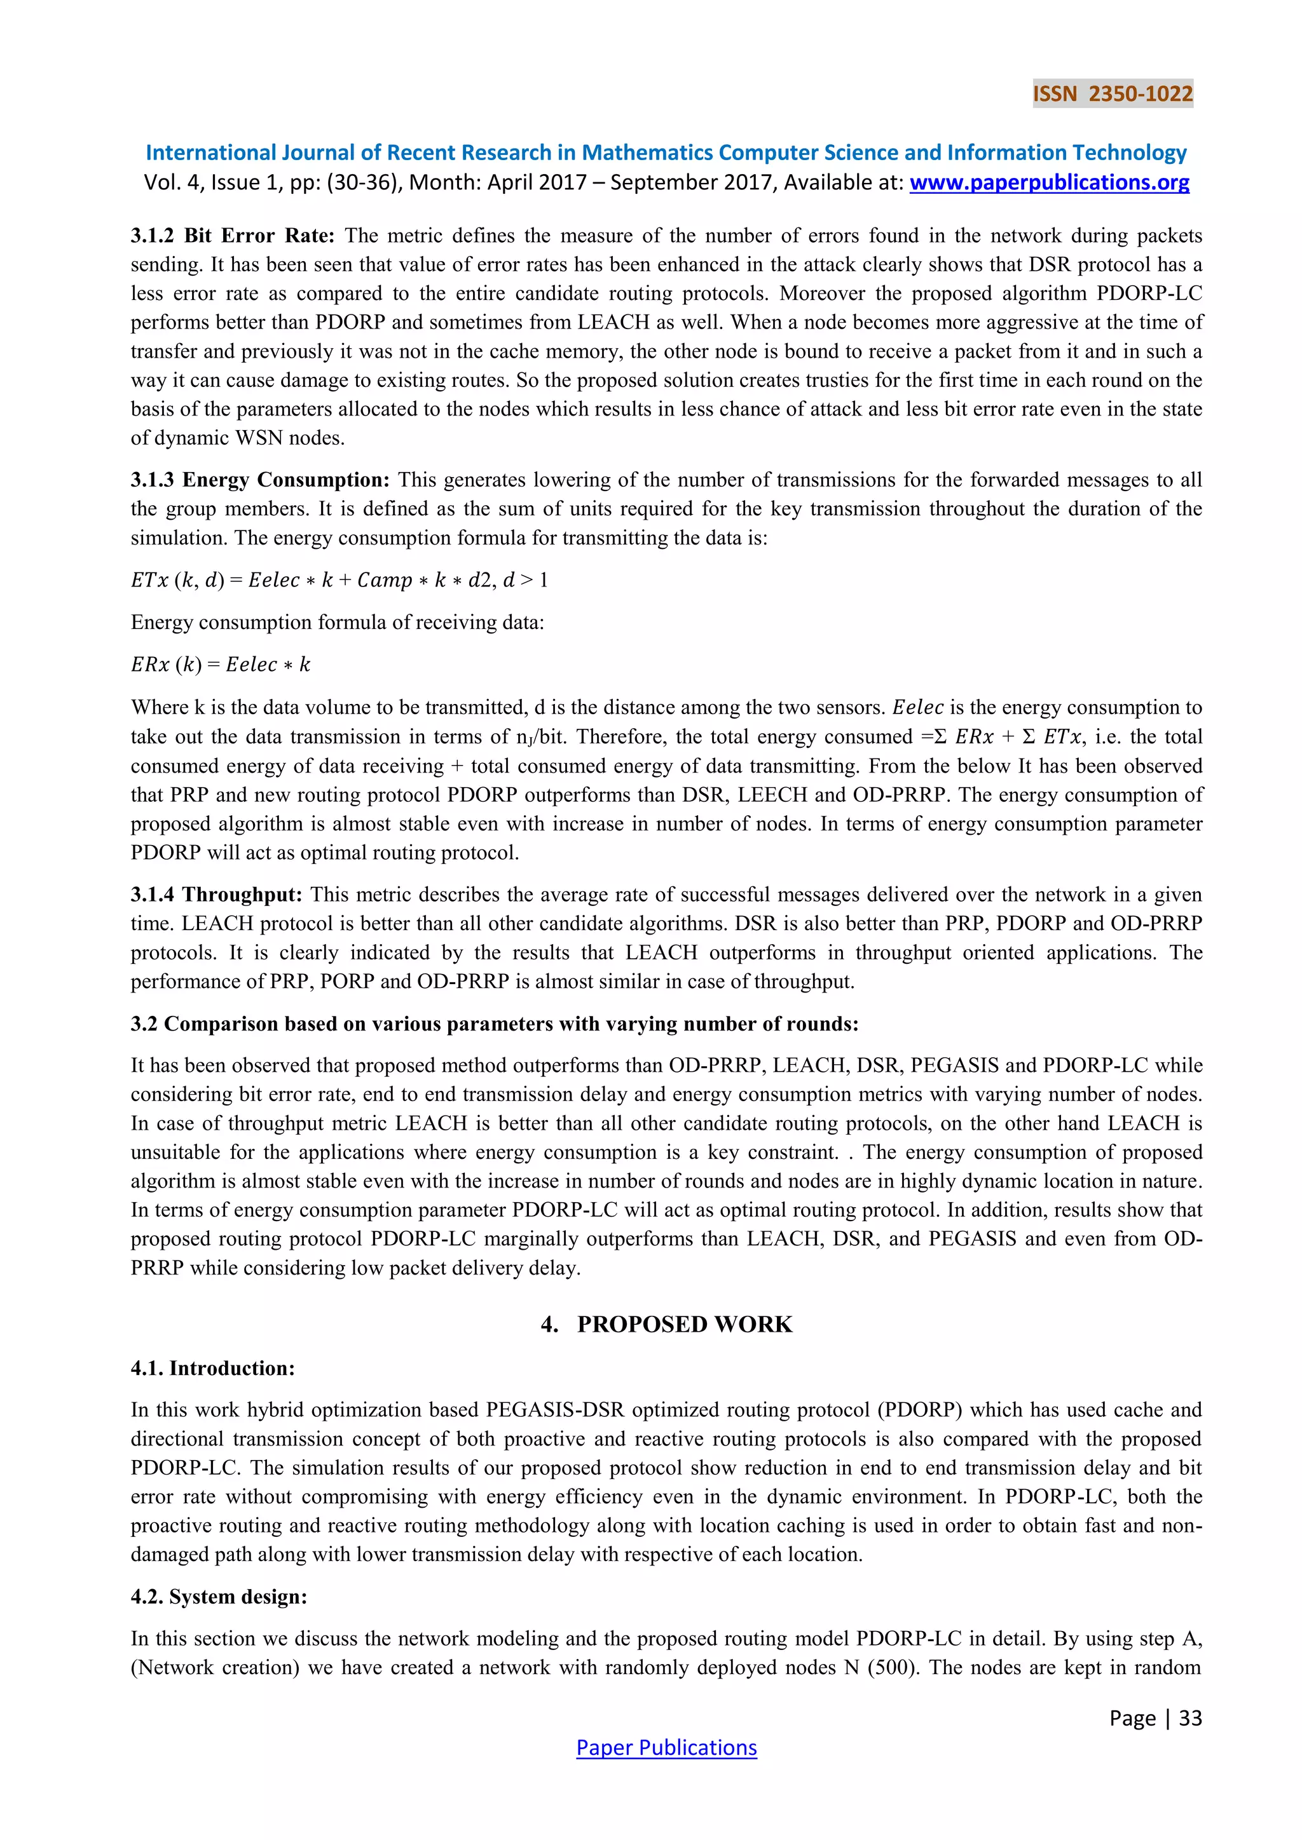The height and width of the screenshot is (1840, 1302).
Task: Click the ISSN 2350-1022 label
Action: click(x=1112, y=94)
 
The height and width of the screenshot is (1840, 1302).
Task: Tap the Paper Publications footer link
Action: click(x=666, y=1747)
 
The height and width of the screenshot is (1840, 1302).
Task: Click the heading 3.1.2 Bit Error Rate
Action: click(x=231, y=236)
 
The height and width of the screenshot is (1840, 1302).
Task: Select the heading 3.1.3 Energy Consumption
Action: click(x=260, y=480)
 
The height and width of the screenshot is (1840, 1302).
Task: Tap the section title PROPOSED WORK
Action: click(x=666, y=1324)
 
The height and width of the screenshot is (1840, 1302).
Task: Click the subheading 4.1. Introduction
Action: click(x=212, y=1368)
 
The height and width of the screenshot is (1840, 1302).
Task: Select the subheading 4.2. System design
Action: click(x=219, y=1597)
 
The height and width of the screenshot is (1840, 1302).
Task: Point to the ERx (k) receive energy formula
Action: click(x=221, y=665)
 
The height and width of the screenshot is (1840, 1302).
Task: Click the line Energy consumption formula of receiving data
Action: click(x=338, y=622)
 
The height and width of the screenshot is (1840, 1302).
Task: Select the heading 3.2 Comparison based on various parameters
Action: click(x=494, y=1024)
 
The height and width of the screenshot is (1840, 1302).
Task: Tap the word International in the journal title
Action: click(x=205, y=153)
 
